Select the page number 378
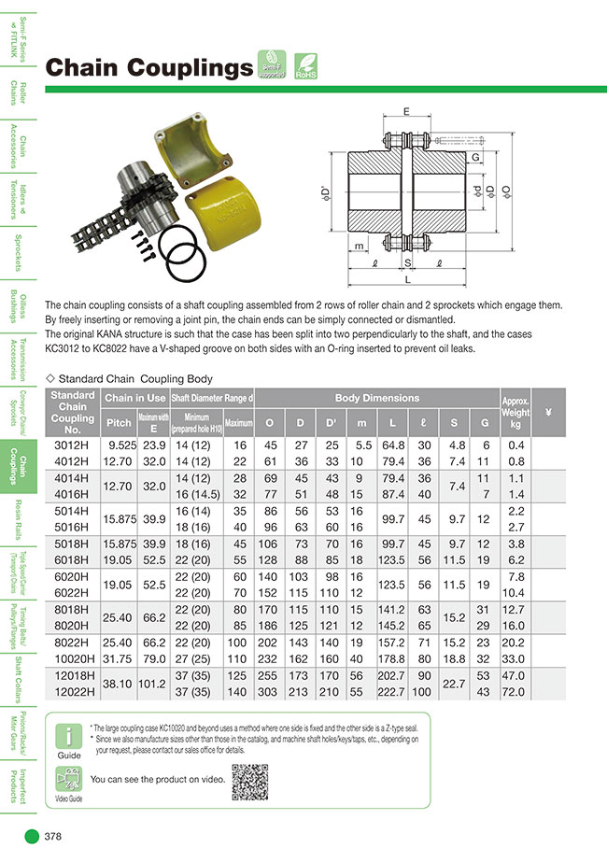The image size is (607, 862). [x=53, y=837]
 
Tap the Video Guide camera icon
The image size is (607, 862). [x=68, y=780]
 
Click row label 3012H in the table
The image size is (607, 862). [x=72, y=446]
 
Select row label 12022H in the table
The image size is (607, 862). [x=72, y=695]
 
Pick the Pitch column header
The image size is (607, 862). [x=119, y=422]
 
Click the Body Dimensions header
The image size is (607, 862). [x=377, y=398]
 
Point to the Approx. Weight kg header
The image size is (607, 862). [x=515, y=412]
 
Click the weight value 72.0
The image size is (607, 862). [x=515, y=695]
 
